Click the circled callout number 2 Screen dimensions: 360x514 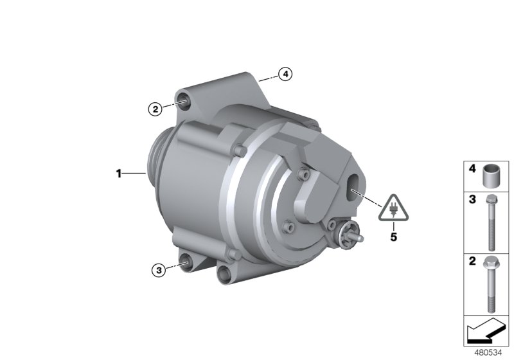[x=154, y=109]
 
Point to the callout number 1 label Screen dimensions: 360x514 [x=118, y=173]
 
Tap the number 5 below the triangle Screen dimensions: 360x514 [x=393, y=236]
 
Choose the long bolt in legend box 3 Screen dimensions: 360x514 [x=492, y=222]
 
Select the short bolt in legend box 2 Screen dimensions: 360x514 [x=493, y=282]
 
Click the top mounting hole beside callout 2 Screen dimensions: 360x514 [x=184, y=100]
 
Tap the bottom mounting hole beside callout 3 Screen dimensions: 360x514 [x=186, y=262]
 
